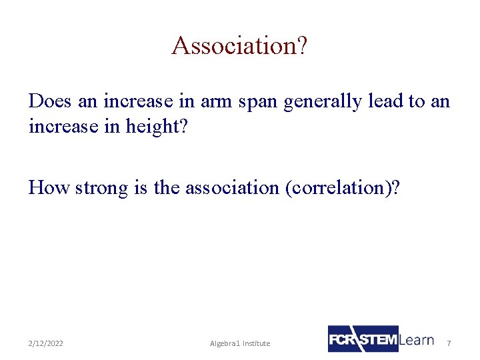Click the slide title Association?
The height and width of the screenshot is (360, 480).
point(239,46)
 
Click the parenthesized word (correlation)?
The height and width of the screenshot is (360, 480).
point(342,189)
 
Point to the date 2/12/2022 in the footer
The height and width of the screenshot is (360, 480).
point(46,343)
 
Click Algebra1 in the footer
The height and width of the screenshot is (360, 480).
point(225,343)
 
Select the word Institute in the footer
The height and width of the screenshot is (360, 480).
point(256,343)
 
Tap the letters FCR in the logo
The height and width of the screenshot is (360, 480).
point(342,339)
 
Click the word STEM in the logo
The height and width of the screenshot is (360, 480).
point(378,339)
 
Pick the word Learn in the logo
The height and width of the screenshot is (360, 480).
point(417,339)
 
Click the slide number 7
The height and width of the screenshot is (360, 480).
point(449,343)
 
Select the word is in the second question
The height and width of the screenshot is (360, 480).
point(141,188)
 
